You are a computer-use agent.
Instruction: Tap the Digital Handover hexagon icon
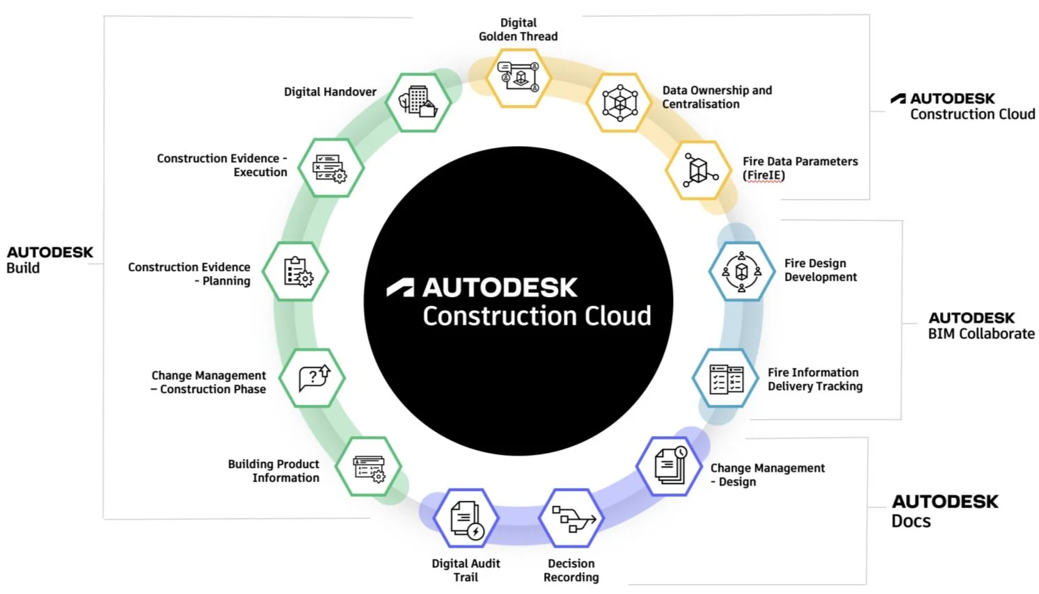pyautogui.click(x=418, y=102)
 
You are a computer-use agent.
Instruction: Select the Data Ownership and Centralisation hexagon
pyautogui.click(x=619, y=103)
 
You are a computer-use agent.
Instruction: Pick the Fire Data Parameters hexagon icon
pyautogui.click(x=699, y=170)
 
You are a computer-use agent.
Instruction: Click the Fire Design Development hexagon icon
pyautogui.click(x=742, y=271)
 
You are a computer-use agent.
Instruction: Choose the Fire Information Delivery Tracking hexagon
pyautogui.click(x=726, y=379)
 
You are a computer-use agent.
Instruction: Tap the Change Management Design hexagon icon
pyautogui.click(x=670, y=466)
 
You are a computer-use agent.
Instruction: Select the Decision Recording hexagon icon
pyautogui.click(x=571, y=518)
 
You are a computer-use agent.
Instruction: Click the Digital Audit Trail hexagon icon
pyautogui.click(x=466, y=519)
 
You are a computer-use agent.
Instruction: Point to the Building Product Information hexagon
pyautogui.click(x=369, y=467)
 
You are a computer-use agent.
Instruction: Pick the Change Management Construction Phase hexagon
pyautogui.click(x=312, y=378)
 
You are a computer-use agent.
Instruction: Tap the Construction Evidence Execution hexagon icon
pyautogui.click(x=331, y=168)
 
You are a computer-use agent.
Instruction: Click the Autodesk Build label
pyautogui.click(x=49, y=259)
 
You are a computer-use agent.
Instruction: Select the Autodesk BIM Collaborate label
pyautogui.click(x=981, y=326)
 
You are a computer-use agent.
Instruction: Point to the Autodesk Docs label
pyautogui.click(x=944, y=511)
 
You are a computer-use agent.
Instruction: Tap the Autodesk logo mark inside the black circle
pyautogui.click(x=401, y=288)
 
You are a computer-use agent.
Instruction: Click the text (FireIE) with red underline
pyautogui.click(x=763, y=175)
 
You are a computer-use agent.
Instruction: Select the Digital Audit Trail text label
pyautogui.click(x=466, y=570)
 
